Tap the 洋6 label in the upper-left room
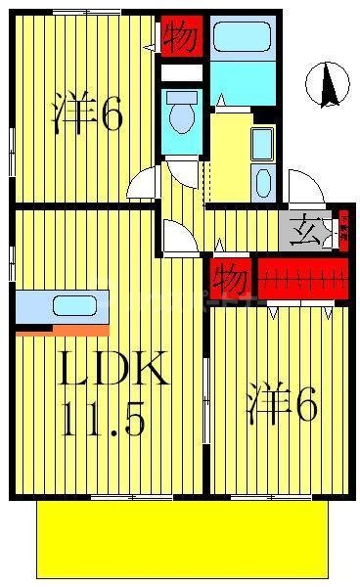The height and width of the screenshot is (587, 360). point(87,114)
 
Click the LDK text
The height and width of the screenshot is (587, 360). point(115,371)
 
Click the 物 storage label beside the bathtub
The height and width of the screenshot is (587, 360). point(182,36)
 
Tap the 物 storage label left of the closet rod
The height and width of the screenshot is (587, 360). point(231,279)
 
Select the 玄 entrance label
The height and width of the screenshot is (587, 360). point(303,232)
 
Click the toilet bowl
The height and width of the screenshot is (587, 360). point(181,116)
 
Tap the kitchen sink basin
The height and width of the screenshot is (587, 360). point(74,304)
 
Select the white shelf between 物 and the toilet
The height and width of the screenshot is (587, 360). point(182,72)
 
